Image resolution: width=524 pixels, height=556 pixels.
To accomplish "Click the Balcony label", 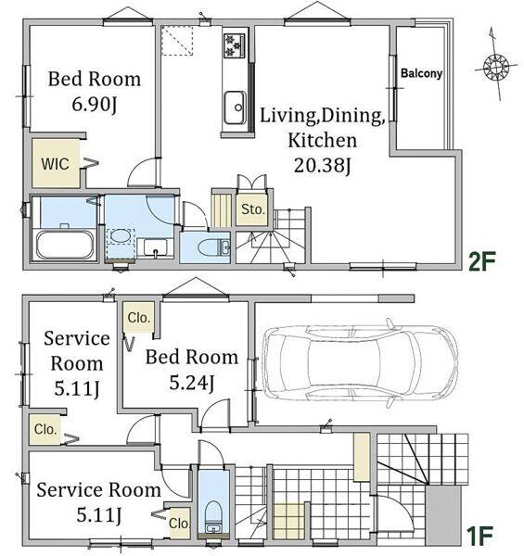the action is [x=421, y=73].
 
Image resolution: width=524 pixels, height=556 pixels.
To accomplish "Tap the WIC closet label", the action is [x=55, y=164].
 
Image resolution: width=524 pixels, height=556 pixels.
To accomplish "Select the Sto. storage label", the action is [x=253, y=209].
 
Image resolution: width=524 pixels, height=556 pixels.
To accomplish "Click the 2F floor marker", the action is [x=481, y=261].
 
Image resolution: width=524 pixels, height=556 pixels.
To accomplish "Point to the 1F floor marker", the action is [x=479, y=536].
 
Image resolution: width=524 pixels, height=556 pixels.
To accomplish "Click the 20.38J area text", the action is [x=323, y=165].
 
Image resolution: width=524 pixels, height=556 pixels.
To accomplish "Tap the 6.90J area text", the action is [x=95, y=104].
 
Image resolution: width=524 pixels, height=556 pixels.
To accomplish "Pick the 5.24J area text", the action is [x=192, y=383].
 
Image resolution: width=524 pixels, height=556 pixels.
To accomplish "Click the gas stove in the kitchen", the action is [x=234, y=45].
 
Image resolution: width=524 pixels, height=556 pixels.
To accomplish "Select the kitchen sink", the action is [x=236, y=107].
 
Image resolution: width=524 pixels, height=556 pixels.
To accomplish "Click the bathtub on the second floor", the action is [x=65, y=245].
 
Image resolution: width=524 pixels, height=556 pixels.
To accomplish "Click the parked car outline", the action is [x=360, y=363].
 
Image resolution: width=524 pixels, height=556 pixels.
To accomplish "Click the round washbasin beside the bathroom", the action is [x=120, y=236].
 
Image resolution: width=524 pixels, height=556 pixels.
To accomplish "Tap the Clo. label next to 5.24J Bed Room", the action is [x=139, y=318].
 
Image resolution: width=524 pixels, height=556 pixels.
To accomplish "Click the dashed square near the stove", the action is [x=177, y=40].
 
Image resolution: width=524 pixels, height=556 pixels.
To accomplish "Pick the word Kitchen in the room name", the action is [x=323, y=140].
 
